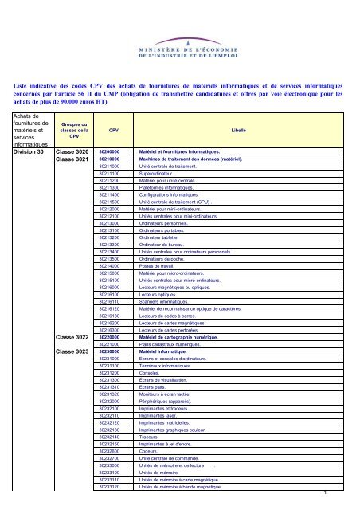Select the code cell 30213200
109,259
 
